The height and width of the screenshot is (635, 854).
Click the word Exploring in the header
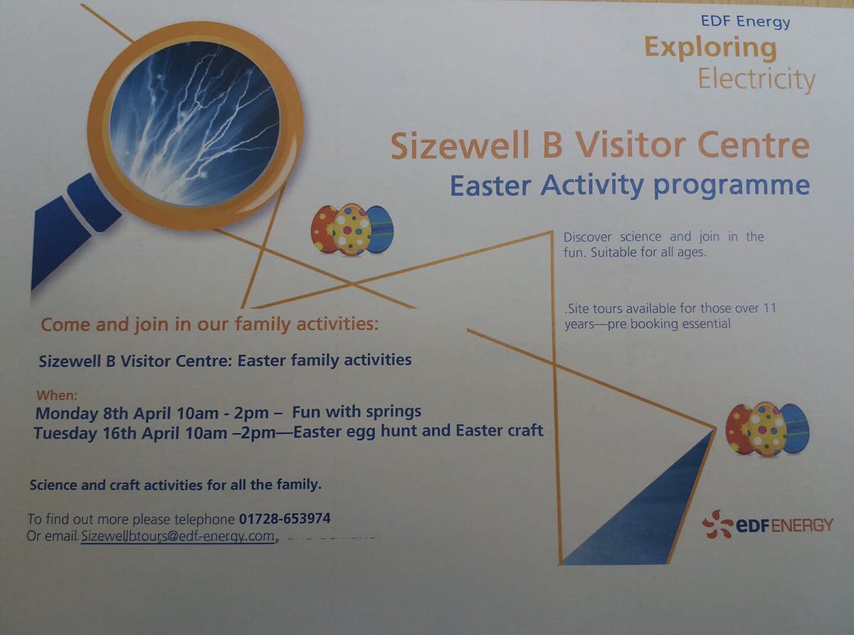710,49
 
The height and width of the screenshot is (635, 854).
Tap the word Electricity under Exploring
756,80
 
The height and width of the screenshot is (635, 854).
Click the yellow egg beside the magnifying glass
352,230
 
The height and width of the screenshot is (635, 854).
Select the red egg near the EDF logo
739,429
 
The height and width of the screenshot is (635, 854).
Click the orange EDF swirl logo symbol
717,524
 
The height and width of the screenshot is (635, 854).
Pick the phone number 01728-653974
285,518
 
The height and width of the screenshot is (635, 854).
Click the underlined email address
177,535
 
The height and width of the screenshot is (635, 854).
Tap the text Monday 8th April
95,412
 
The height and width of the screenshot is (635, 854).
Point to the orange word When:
56,395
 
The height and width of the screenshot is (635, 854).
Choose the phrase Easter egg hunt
368,430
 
